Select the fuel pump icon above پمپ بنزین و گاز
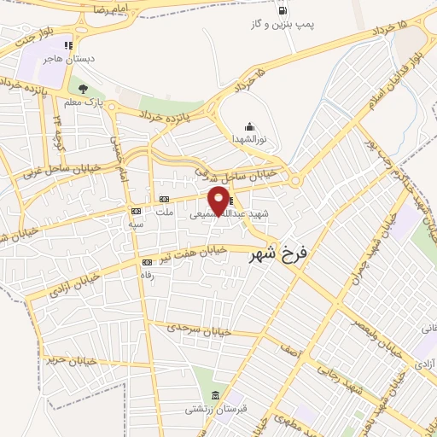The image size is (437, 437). (x=281, y=12)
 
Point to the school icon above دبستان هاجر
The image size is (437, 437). (x=68, y=45)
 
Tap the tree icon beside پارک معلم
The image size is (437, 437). (x=82, y=89)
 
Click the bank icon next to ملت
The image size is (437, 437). (x=162, y=199)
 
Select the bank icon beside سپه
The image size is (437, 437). (x=135, y=210)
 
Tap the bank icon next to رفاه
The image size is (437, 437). (x=147, y=262)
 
